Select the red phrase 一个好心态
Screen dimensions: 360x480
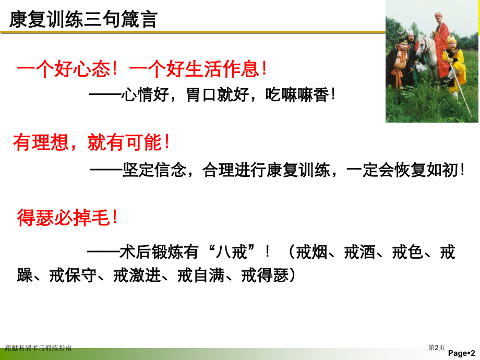[x=63, y=70]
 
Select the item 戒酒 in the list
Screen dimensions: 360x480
[x=359, y=253]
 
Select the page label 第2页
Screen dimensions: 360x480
[x=437, y=347]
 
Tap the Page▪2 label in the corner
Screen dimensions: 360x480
[x=461, y=353]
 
